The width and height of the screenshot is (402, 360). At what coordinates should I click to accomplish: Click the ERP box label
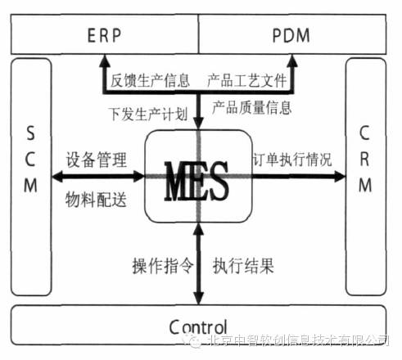tap(104, 35)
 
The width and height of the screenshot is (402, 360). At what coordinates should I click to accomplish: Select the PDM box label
tap(291, 35)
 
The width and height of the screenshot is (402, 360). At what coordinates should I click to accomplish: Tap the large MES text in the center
tap(196, 181)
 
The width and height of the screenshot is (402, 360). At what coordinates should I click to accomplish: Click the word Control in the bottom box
tap(198, 326)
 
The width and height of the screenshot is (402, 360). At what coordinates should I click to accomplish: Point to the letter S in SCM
tap(30, 133)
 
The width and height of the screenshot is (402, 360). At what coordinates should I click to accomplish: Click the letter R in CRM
tap(365, 159)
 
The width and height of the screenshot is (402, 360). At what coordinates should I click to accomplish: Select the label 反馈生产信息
tap(150, 80)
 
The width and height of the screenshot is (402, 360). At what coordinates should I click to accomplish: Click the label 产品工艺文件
tap(247, 80)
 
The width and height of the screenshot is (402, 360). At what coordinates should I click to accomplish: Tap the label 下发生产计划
tap(148, 114)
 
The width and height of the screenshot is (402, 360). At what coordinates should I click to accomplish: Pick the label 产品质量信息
tap(251, 107)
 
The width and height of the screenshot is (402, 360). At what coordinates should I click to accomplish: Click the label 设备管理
tap(97, 160)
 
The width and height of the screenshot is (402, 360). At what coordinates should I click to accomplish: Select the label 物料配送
tap(96, 200)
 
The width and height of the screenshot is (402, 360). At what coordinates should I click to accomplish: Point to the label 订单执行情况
tap(292, 160)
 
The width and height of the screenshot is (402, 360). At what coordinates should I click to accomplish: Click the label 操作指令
tap(163, 265)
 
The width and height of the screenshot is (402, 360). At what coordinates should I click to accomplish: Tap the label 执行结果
tap(243, 265)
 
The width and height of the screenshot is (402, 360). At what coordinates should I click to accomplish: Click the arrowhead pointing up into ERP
tap(105, 61)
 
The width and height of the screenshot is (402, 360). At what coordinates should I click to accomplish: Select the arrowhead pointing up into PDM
tap(292, 61)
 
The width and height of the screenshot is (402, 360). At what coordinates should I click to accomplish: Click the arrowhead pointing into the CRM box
tap(340, 177)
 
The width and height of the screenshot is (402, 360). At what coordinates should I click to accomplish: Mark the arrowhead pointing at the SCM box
tap(57, 177)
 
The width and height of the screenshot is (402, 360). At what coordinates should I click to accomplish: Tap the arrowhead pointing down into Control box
tap(199, 298)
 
